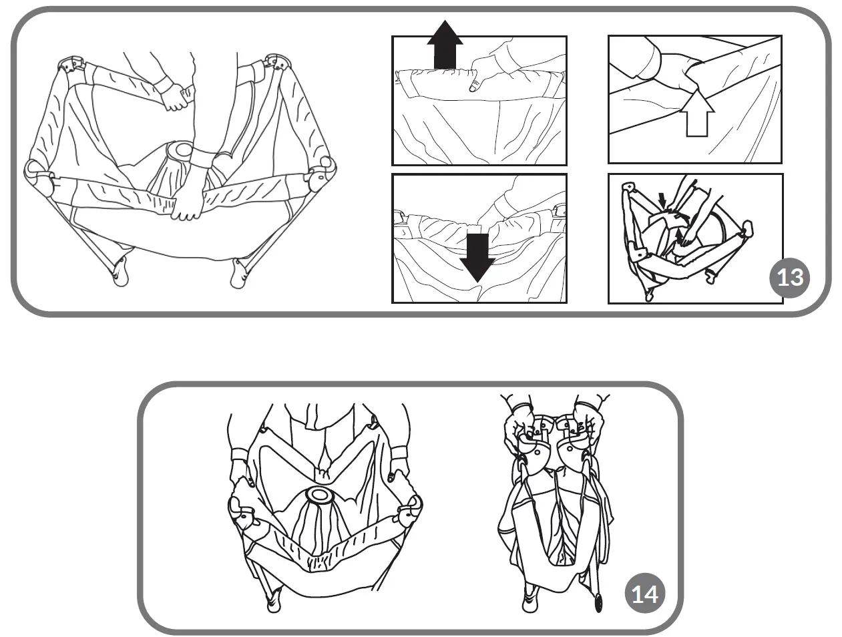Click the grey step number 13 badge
790,276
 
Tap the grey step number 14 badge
644,593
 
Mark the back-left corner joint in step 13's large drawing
71,66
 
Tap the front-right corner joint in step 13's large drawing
321,172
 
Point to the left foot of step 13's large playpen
121,274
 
